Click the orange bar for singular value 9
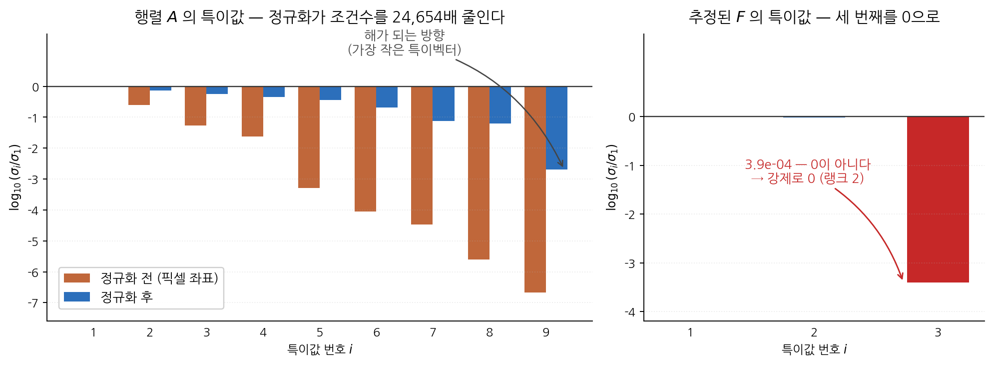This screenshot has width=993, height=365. click(x=535, y=189)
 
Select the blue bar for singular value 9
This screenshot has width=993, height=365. click(x=556, y=128)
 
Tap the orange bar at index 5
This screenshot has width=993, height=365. click(x=309, y=137)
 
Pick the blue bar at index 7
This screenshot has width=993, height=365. click(x=444, y=104)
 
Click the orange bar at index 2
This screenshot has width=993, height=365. click(x=139, y=96)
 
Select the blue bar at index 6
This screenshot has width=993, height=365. click(x=387, y=97)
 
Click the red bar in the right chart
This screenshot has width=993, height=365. click(x=938, y=199)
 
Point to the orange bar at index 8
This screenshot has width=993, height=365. click(x=479, y=173)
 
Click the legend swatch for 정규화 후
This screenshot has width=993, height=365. click(x=77, y=297)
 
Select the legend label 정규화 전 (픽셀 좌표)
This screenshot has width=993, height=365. click(x=159, y=278)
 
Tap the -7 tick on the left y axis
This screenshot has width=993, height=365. click(x=32, y=303)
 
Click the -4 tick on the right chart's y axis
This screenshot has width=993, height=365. click(x=629, y=312)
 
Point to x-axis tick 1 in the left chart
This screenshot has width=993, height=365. click(x=93, y=332)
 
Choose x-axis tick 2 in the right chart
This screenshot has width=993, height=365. click(x=814, y=332)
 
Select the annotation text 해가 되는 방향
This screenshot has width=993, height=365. click(x=405, y=35)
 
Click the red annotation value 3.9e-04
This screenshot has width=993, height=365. click(x=768, y=164)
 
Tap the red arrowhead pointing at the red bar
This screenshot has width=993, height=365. click(x=901, y=276)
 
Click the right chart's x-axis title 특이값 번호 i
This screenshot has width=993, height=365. click(x=814, y=349)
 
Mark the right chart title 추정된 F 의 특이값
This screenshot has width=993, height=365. click(x=750, y=17)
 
